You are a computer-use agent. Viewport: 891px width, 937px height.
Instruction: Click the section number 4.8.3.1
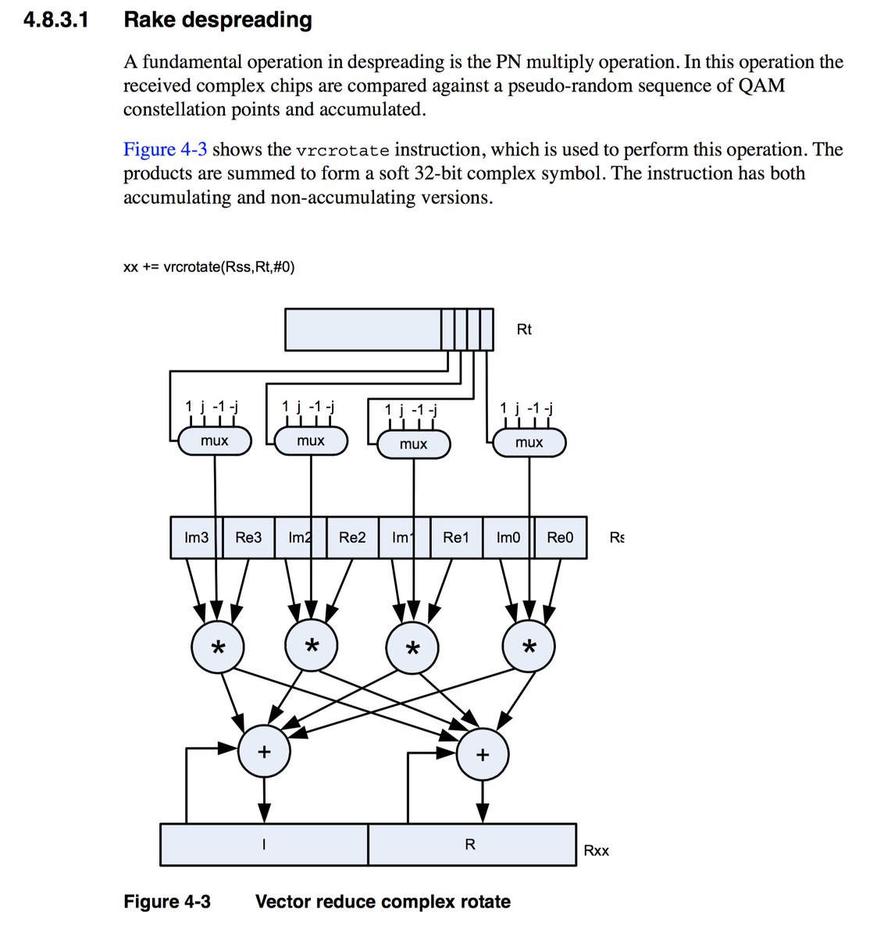click(x=56, y=20)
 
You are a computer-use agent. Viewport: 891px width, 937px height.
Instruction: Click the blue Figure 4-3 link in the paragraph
click(x=165, y=150)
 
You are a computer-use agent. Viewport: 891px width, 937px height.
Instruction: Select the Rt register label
click(x=524, y=330)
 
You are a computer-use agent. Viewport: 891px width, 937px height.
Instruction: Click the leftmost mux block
click(x=215, y=441)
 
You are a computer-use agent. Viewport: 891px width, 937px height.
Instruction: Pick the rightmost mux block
click(x=529, y=443)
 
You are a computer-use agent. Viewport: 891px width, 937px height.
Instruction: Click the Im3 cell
click(x=196, y=537)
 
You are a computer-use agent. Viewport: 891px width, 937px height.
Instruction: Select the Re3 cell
click(x=248, y=537)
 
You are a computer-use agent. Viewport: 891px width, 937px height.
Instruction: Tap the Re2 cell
click(x=352, y=537)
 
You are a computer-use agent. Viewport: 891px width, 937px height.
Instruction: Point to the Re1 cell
click(x=456, y=537)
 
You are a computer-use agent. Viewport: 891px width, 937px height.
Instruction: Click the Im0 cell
click(x=508, y=537)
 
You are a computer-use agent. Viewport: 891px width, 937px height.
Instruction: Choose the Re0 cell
click(x=560, y=537)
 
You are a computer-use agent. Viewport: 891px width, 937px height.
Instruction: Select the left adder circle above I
click(x=264, y=752)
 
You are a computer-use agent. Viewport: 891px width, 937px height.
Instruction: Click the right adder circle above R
click(x=482, y=755)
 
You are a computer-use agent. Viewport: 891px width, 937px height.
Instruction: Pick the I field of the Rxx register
click(x=264, y=844)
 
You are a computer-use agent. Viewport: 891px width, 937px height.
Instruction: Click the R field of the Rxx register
click(x=471, y=844)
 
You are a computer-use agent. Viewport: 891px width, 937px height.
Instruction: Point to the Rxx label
click(x=597, y=850)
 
